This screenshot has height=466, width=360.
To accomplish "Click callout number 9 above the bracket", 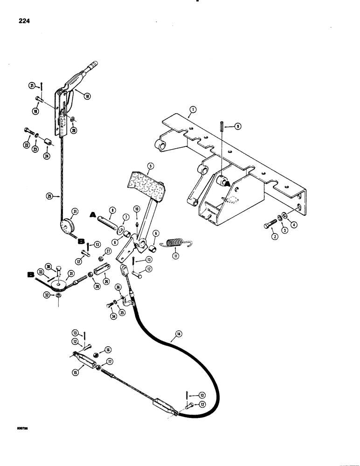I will coord(238,125).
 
